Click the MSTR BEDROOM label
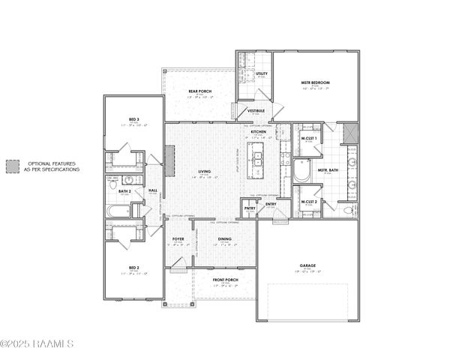[316, 82]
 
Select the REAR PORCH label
[199, 91]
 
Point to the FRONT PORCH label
[224, 280]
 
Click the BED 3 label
[133, 119]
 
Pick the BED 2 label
[133, 268]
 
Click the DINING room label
[224, 239]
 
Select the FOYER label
[178, 239]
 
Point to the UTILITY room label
[262, 74]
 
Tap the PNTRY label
[249, 208]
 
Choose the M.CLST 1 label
[308, 139]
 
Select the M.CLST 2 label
[308, 202]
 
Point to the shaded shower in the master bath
[349, 133]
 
